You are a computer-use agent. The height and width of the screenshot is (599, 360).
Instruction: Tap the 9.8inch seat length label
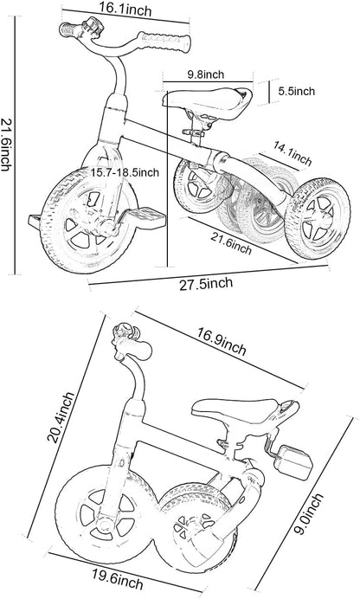tap(205, 74)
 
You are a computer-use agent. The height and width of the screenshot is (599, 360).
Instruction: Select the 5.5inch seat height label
tap(296, 91)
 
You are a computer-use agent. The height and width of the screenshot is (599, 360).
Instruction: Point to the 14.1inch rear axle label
tap(292, 153)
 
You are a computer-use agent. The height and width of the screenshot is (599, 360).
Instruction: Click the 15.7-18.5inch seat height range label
tap(125, 172)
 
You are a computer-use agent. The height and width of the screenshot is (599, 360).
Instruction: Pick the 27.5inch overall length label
tap(206, 283)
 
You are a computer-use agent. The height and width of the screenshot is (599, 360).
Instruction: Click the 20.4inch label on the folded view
tap(61, 417)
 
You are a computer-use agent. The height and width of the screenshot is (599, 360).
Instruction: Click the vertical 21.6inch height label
tap(6, 145)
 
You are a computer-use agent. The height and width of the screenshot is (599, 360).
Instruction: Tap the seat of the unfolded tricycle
tap(208, 100)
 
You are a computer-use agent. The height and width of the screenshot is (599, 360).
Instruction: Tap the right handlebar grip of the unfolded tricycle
tap(164, 42)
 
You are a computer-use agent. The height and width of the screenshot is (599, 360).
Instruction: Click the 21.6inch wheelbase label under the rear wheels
tap(231, 243)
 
